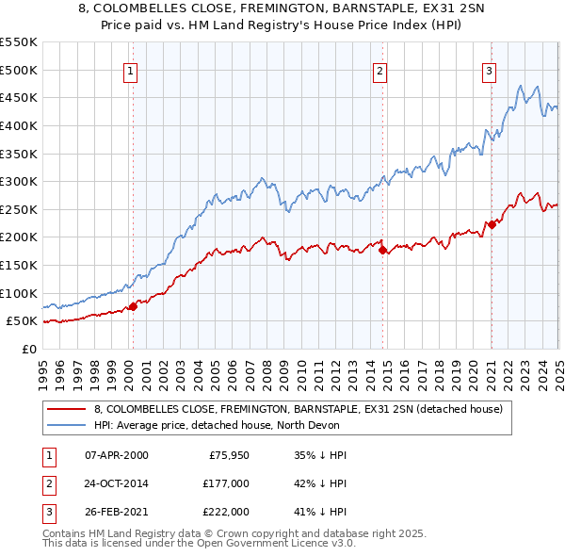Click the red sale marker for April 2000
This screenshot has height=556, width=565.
tap(133, 305)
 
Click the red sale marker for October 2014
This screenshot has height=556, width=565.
tap(382, 250)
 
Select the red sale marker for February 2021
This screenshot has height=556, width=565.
tap(492, 224)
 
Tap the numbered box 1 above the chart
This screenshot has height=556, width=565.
tap(130, 70)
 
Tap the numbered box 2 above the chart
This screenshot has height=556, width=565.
tap(379, 70)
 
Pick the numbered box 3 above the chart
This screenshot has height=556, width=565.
tap(490, 70)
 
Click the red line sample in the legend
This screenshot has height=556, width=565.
tap(67, 409)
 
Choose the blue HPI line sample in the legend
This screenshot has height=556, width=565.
tap(67, 425)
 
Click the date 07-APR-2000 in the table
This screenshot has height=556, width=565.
tap(116, 455)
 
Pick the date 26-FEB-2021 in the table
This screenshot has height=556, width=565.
tap(116, 512)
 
